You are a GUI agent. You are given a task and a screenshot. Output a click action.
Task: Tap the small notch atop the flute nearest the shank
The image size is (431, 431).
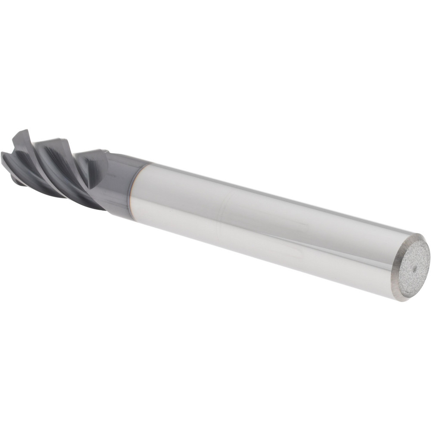pos(103,151)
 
